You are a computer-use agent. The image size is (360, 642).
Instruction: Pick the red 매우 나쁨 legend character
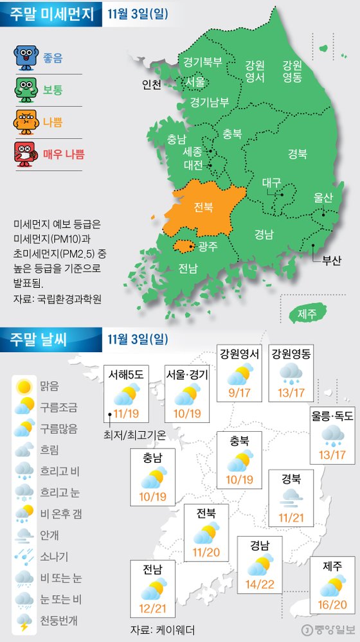26,154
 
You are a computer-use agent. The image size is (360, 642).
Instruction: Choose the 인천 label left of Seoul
152,84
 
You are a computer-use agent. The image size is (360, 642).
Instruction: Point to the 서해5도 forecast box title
125,373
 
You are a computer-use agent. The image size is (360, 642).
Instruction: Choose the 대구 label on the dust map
271,183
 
